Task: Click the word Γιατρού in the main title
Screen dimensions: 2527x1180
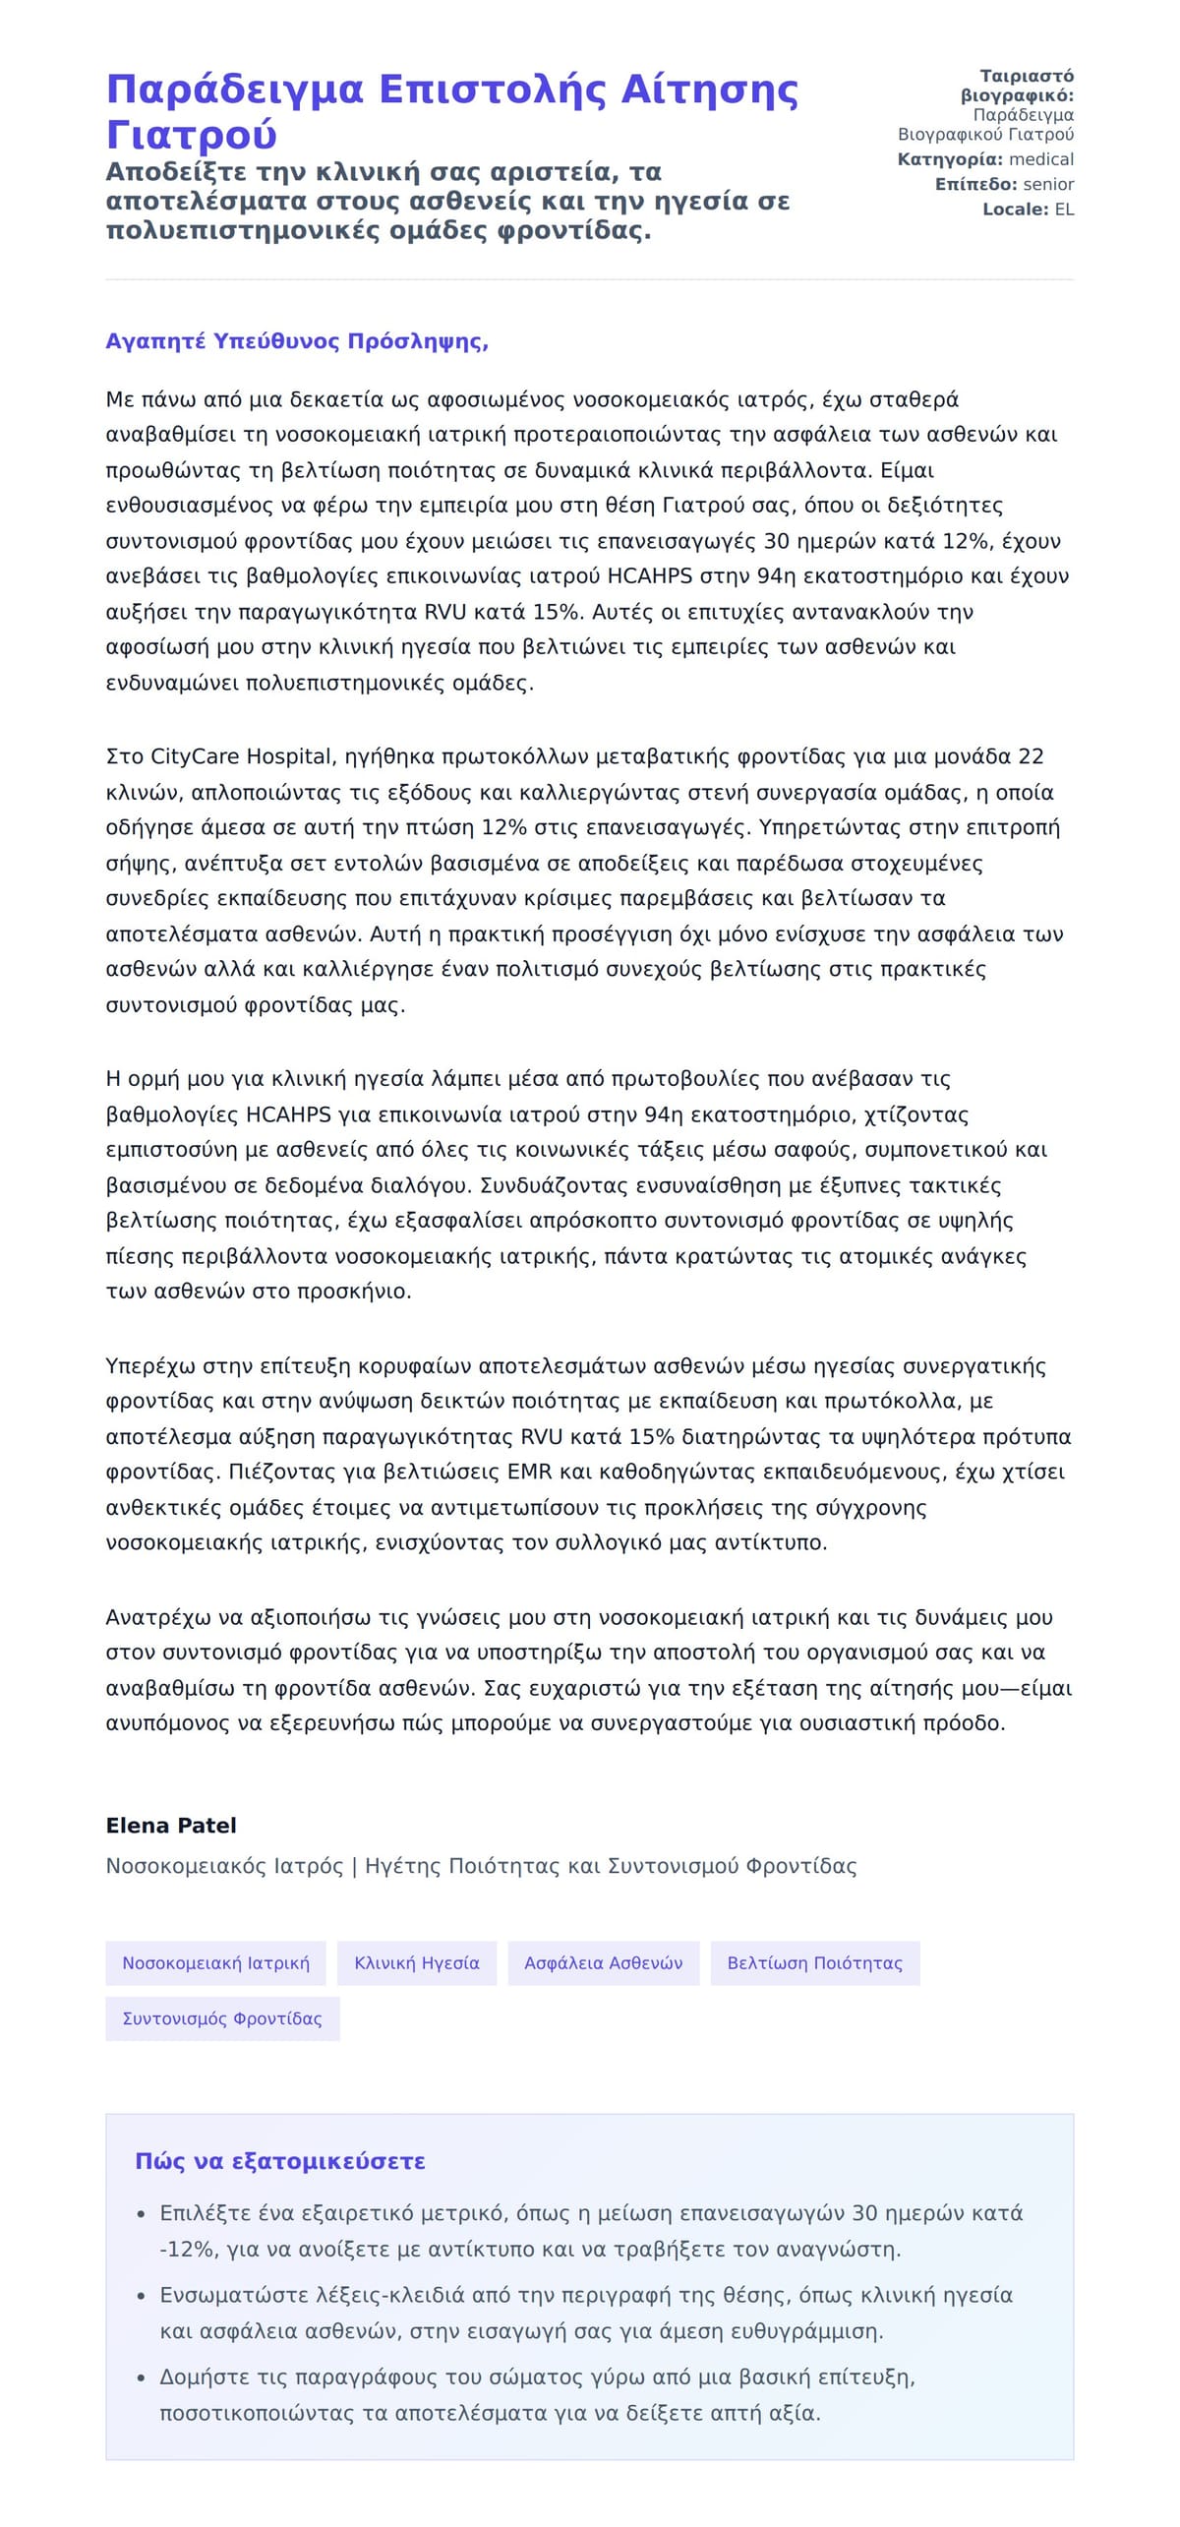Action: click(191, 135)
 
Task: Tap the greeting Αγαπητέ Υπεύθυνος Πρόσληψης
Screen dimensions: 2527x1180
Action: click(297, 341)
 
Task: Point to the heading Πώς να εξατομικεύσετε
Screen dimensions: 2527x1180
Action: click(280, 2161)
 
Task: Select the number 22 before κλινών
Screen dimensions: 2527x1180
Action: click(1031, 756)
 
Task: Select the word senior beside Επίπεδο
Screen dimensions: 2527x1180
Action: click(1048, 184)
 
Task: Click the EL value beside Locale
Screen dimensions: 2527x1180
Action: click(1064, 210)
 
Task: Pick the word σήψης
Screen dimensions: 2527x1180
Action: click(133, 864)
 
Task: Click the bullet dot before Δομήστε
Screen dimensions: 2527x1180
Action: click(142, 2378)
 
